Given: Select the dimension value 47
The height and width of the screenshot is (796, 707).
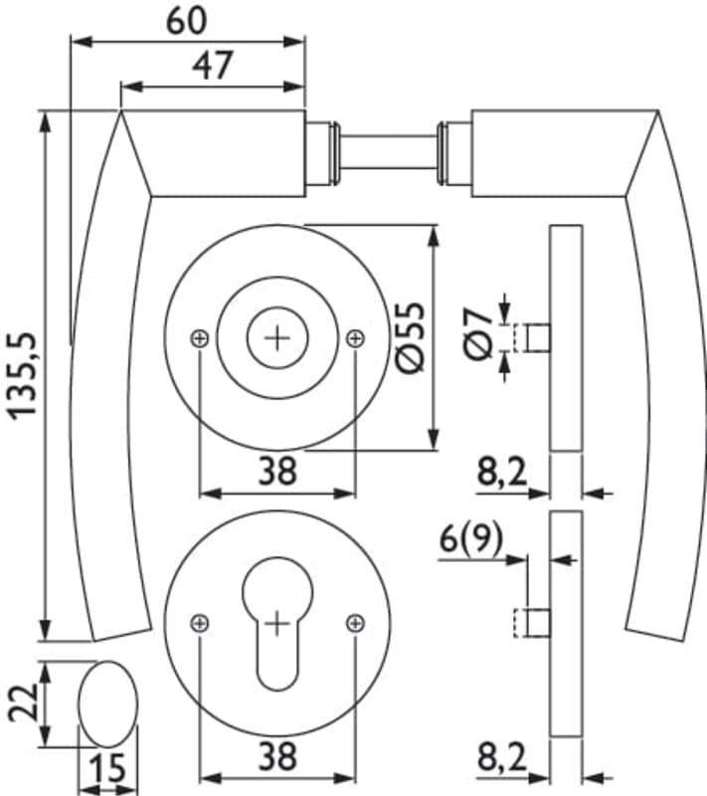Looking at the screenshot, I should tap(211, 66).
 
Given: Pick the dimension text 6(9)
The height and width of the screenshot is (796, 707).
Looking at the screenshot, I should tap(470, 541).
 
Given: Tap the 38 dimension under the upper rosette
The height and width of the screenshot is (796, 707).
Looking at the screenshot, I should tap(277, 471).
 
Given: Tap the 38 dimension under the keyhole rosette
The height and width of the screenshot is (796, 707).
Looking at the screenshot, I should tap(277, 757).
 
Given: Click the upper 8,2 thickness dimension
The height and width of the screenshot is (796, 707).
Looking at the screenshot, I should tap(501, 473).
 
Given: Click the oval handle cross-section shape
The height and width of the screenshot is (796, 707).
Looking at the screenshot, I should tap(105, 705).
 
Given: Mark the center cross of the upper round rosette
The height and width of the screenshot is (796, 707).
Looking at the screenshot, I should tap(277, 338).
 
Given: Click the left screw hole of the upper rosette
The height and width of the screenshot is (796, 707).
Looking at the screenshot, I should tap(200, 338).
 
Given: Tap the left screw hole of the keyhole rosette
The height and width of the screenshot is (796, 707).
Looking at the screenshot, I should tap(200, 623).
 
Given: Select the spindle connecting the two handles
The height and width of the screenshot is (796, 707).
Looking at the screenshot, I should tap(388, 154).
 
